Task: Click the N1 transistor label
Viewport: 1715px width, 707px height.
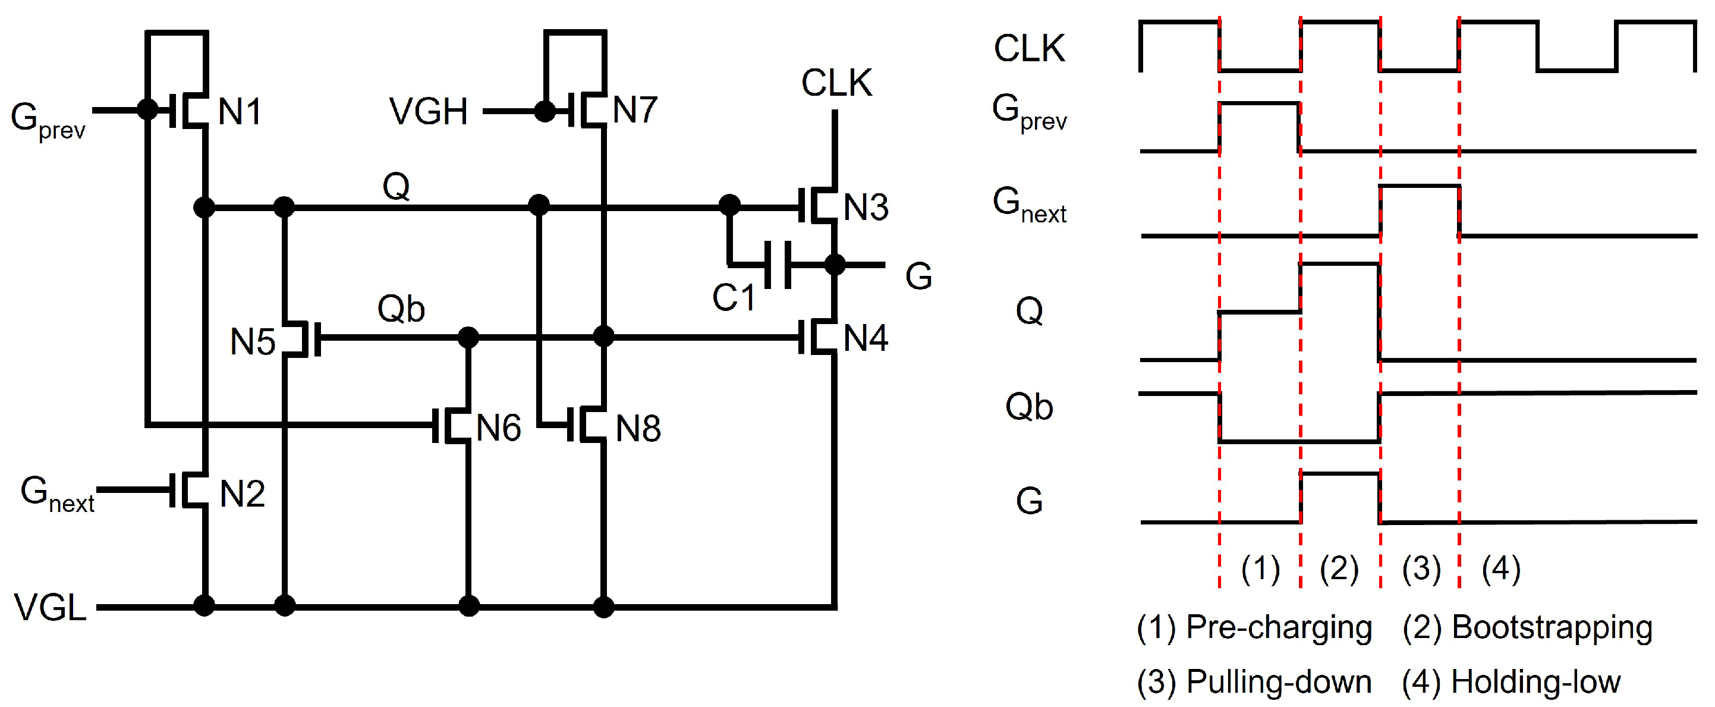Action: pyautogui.click(x=240, y=111)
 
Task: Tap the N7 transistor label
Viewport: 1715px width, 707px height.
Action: pyautogui.click(x=635, y=110)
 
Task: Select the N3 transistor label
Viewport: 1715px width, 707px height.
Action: pyautogui.click(x=866, y=207)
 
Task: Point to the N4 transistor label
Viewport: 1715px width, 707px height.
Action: pyautogui.click(x=866, y=338)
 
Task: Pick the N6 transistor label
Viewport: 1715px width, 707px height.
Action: pyautogui.click(x=499, y=428)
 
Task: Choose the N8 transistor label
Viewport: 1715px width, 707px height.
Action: pyautogui.click(x=638, y=429)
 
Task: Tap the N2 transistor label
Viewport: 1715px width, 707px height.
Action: pyautogui.click(x=243, y=494)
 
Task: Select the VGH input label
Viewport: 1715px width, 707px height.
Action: pyautogui.click(x=429, y=111)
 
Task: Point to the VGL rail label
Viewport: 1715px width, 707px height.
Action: pyautogui.click(x=51, y=608)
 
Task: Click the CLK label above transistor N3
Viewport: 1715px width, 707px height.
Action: pyautogui.click(x=836, y=83)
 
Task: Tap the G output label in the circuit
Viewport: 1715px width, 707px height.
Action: pyautogui.click(x=919, y=276)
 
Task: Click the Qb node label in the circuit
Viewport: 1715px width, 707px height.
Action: pyautogui.click(x=401, y=309)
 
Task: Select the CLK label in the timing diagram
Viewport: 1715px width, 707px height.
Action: pyautogui.click(x=1029, y=49)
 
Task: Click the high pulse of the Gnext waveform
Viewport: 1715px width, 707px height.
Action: pyautogui.click(x=1420, y=186)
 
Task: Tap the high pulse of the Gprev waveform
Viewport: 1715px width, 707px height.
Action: pyautogui.click(x=1259, y=103)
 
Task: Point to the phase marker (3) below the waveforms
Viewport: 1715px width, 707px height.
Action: pyautogui.click(x=1421, y=568)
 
